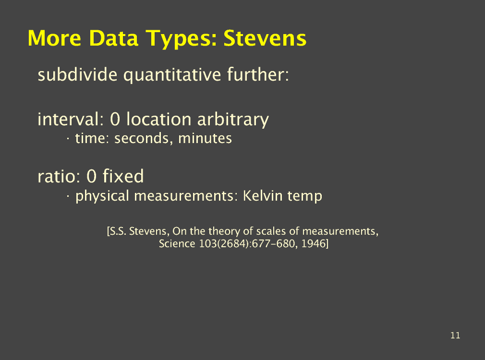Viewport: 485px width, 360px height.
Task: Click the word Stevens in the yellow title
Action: (x=265, y=38)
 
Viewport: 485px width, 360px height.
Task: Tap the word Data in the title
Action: (x=113, y=38)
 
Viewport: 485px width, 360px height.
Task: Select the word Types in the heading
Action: (x=181, y=39)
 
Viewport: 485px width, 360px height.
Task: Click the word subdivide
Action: (x=77, y=74)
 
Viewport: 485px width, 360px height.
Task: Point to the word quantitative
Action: (x=172, y=75)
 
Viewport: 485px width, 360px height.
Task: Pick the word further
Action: (x=258, y=74)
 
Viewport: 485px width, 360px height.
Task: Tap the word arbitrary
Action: (x=233, y=120)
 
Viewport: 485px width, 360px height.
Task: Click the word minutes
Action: (x=205, y=138)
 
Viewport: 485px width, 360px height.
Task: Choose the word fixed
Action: (x=123, y=176)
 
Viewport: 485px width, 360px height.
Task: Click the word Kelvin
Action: (x=263, y=196)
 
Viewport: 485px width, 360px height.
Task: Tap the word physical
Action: (x=102, y=196)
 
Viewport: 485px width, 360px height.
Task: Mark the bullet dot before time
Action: (x=68, y=139)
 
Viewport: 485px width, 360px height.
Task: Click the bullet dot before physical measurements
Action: (x=68, y=196)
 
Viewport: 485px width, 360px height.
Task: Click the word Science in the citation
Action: (x=177, y=244)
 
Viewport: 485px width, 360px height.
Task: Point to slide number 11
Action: (x=455, y=336)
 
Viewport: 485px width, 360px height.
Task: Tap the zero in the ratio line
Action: (x=91, y=176)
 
